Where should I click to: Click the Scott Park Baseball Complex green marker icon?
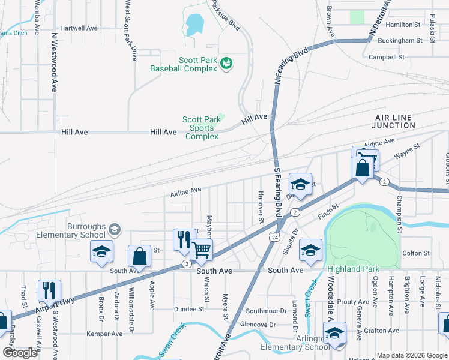[x=226, y=63]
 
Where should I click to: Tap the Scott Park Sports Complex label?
[x=201, y=128]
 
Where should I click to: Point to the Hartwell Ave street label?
[x=79, y=28]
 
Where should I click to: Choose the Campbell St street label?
[x=387, y=58]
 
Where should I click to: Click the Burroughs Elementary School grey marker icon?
[x=115, y=229]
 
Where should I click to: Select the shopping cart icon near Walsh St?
[x=201, y=248]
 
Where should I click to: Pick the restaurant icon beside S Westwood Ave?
[x=49, y=290]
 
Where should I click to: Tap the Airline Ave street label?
[x=185, y=191]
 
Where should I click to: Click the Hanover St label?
[x=261, y=212]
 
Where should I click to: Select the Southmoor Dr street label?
[x=267, y=311]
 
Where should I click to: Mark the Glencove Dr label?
[x=258, y=325]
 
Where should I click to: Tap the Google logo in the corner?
[x=20, y=352]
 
